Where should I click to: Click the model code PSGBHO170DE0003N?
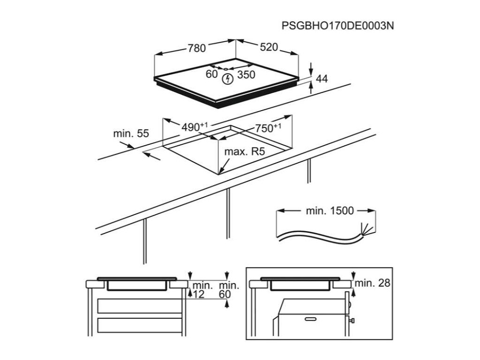[337, 25]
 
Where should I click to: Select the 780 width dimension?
[197, 48]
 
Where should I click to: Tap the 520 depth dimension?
[269, 47]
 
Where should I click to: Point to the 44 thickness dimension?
[322, 79]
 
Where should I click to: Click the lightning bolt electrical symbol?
[227, 78]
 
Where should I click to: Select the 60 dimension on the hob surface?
[212, 74]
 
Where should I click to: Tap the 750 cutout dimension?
[268, 127]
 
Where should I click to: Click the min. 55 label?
[131, 134]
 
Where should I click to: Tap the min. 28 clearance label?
[373, 283]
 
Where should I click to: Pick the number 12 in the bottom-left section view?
[199, 294]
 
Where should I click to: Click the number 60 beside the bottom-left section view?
[225, 294]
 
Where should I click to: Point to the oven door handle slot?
[312, 319]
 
